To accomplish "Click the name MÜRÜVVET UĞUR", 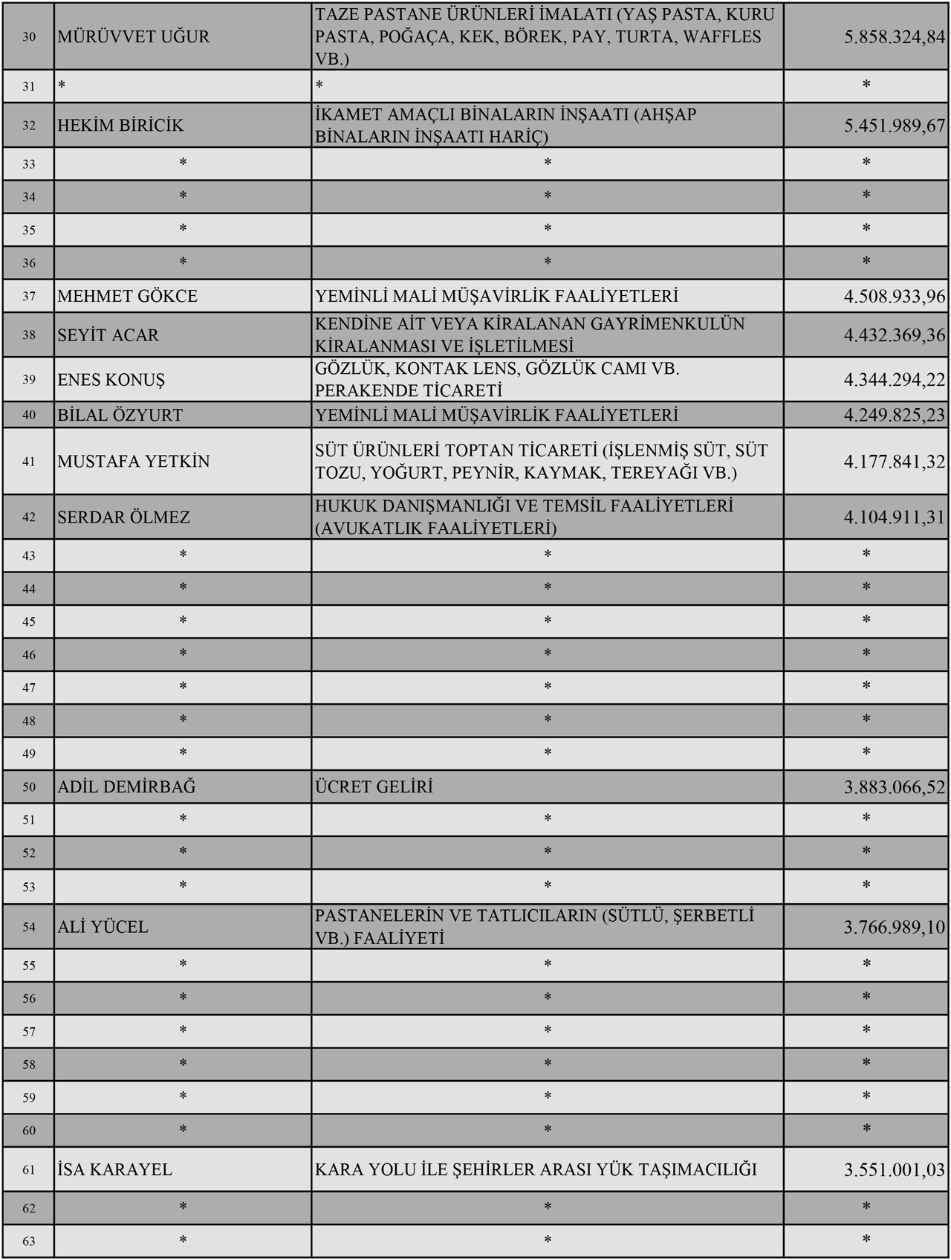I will pos(134,36).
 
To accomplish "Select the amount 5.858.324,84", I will pos(894,36).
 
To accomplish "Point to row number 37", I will pos(29,297).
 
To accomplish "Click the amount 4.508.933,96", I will pos(894,297).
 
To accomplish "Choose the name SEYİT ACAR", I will pos(108,335).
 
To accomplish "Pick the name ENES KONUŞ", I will pos(111,380).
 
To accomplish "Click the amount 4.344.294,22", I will pos(894,380).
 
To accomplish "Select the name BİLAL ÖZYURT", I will pos(120,415).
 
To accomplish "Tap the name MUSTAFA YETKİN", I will pos(134,462).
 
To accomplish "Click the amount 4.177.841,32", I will pos(894,462).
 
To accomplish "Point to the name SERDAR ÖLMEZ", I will pos(124,517).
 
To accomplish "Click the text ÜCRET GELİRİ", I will pos(374,786).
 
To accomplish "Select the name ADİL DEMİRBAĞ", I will pos(127,786).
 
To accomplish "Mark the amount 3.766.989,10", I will pos(894,927).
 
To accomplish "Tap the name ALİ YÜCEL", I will pos(103,927).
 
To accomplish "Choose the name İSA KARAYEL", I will pos(115,1169).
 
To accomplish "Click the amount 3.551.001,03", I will pos(894,1169).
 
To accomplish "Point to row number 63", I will pos(29,1241).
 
